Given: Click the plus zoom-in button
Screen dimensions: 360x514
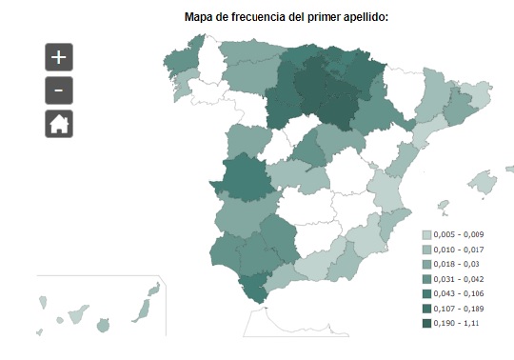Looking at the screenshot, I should pyautogui.click(x=58, y=57).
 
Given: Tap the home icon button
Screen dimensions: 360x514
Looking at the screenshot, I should pyautogui.click(x=58, y=124).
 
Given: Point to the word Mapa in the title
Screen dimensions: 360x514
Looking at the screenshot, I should pyautogui.click(x=201, y=16).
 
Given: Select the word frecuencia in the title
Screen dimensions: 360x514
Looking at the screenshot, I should pyautogui.click(x=250, y=16).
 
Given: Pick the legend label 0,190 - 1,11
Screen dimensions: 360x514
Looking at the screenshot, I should pyautogui.click(x=457, y=324).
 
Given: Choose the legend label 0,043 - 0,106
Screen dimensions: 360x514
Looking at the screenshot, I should pyautogui.click(x=461, y=294).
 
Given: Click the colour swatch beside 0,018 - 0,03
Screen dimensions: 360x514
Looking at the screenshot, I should pyautogui.click(x=425, y=265).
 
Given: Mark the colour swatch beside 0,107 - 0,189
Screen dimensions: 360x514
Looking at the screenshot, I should pyautogui.click(x=425, y=310).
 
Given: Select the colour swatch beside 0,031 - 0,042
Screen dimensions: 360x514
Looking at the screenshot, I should pyautogui.click(x=425, y=279).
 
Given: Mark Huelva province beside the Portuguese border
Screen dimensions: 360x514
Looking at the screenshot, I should pyautogui.click(x=223, y=252).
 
